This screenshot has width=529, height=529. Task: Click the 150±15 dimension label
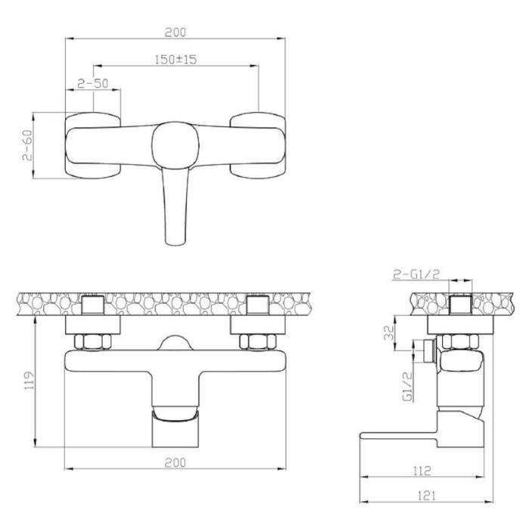pyautogui.click(x=175, y=60)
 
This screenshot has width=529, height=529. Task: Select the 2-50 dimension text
pyautogui.click(x=93, y=83)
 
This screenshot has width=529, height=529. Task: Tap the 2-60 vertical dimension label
pyautogui.click(x=28, y=145)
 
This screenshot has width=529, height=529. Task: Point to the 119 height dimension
pyautogui.click(x=29, y=381)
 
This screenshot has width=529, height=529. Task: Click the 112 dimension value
pyautogui.click(x=422, y=470)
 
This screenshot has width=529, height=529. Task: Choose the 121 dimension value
pyautogui.click(x=427, y=496)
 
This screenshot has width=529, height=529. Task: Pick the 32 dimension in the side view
pyautogui.click(x=389, y=333)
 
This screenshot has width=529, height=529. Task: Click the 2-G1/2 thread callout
pyautogui.click(x=416, y=274)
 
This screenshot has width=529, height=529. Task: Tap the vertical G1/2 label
pyautogui.click(x=408, y=386)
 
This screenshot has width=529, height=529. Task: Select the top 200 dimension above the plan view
pyautogui.click(x=175, y=32)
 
